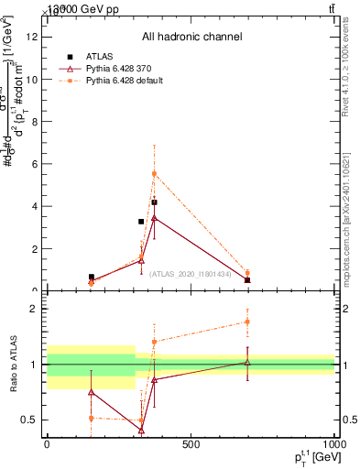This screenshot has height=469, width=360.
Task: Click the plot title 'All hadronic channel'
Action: pos(191,38)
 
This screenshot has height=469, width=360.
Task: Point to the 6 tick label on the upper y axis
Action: pos(34,164)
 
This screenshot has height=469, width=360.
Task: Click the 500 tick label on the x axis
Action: pos(191,445)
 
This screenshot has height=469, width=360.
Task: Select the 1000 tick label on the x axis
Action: pos(332,445)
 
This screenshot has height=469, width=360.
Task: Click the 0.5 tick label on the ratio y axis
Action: pos(30,420)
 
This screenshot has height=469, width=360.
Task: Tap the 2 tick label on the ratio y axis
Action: pos(34,309)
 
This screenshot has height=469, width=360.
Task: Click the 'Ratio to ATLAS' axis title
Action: pos(14,364)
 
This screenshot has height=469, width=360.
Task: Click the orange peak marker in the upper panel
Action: pos(155,173)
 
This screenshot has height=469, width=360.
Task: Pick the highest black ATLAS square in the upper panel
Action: pos(155,202)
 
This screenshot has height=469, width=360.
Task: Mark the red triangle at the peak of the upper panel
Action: pos(155,218)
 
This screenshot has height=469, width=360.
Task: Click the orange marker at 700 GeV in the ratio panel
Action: pos(247,322)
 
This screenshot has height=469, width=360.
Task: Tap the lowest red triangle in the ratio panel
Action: pos(142,430)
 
